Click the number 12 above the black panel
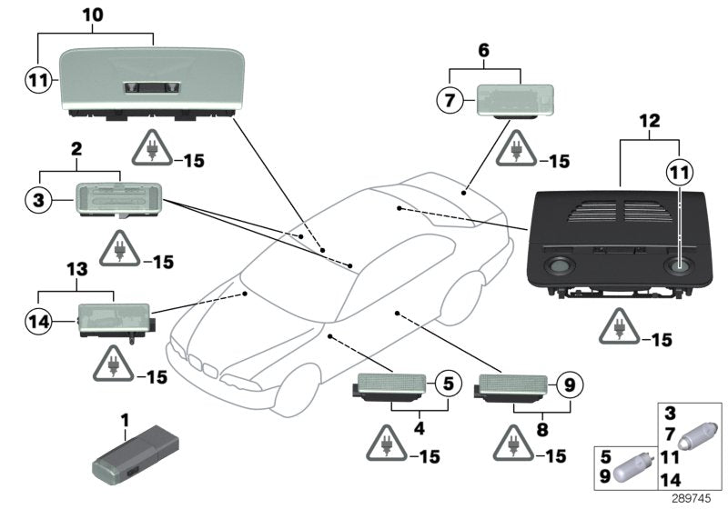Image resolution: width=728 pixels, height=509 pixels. click(650, 120)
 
